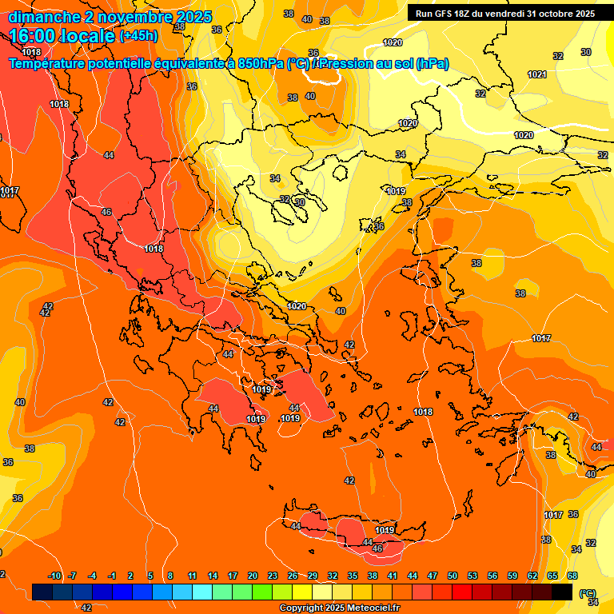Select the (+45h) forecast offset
[138, 36]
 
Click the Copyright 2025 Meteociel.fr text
[339, 608]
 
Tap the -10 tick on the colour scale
[54, 576]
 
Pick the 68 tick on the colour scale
[572, 576]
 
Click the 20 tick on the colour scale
[253, 576]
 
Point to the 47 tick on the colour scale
[433, 576]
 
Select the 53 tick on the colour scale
[472, 576]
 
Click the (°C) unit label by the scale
[588, 594]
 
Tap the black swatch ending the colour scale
[562, 592]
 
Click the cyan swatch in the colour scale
[202, 592]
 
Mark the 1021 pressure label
[536, 74]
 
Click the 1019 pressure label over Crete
[385, 529]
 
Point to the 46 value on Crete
[377, 548]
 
